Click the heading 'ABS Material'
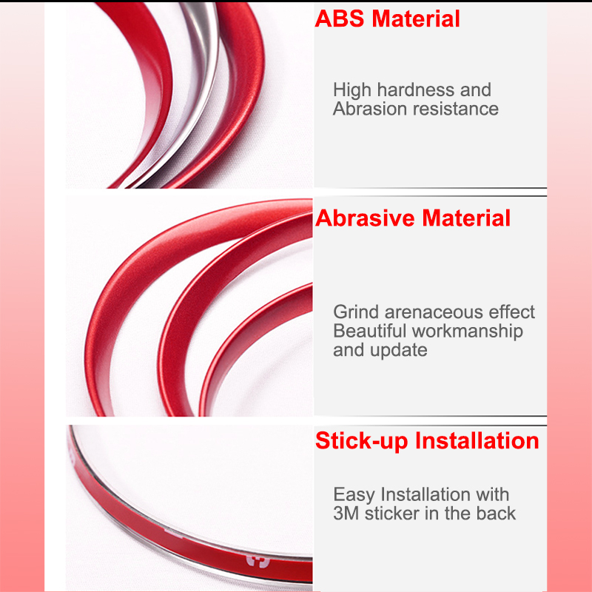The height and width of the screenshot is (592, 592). click(388, 18)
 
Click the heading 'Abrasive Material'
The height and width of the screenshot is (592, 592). click(413, 218)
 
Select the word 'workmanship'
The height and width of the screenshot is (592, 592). click(467, 331)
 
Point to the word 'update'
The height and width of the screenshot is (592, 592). click(400, 350)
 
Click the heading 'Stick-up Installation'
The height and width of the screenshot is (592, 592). click(427, 441)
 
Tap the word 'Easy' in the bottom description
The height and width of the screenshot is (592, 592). click(354, 494)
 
